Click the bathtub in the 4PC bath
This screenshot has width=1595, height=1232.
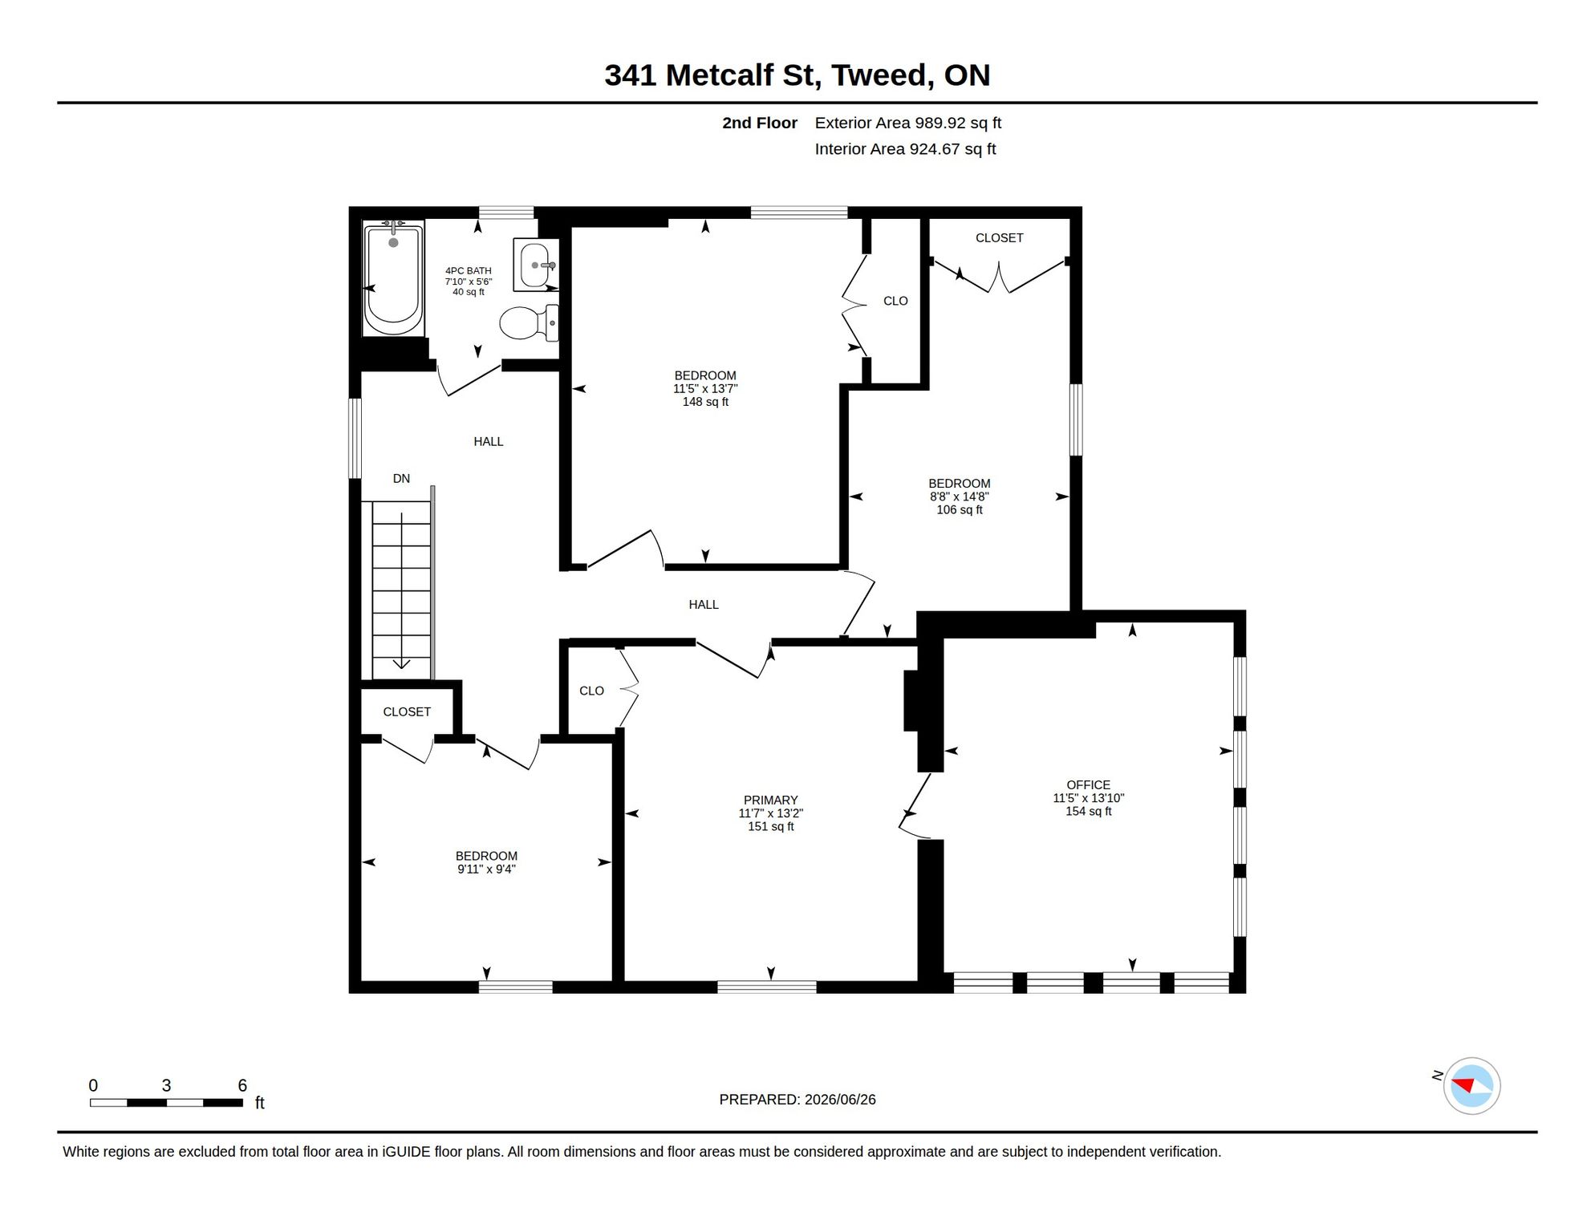click(393, 278)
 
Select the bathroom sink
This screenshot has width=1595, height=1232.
click(536, 265)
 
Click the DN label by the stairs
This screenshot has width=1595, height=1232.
click(401, 479)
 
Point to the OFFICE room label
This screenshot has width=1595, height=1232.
click(1088, 785)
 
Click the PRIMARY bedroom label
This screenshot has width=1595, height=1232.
click(770, 800)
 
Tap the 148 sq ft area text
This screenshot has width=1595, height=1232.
click(705, 402)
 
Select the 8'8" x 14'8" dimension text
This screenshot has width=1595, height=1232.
click(960, 496)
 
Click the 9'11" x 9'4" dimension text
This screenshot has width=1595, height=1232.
click(486, 869)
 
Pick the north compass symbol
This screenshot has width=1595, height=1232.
click(1471, 1086)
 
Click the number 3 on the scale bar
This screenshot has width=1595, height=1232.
click(166, 1085)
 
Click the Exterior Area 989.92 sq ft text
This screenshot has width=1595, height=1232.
click(908, 123)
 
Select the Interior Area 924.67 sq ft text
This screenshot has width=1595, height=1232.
click(905, 149)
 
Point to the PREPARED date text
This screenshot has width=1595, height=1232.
click(797, 1100)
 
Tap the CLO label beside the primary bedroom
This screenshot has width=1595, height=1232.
click(591, 691)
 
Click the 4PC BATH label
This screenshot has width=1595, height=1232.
click(469, 271)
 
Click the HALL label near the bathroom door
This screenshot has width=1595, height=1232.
click(489, 442)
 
